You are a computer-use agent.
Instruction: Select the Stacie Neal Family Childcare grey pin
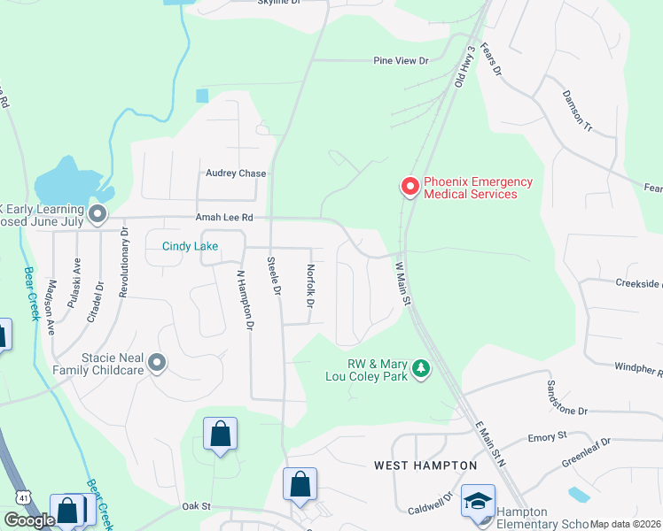click(x=158, y=362)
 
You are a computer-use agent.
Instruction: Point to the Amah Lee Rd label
click(x=224, y=217)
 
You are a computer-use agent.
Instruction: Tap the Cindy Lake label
click(x=190, y=246)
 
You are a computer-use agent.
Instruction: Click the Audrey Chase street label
click(x=236, y=173)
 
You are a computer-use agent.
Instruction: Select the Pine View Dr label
click(x=401, y=61)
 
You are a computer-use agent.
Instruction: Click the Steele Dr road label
click(x=274, y=276)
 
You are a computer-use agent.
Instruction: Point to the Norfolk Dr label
click(x=310, y=286)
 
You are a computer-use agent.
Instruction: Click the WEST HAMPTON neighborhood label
click(x=425, y=466)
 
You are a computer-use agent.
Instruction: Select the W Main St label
click(x=403, y=284)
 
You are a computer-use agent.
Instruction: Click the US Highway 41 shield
click(x=24, y=496)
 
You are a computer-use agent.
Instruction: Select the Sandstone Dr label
click(x=567, y=398)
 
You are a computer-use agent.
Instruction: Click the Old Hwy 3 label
click(x=466, y=66)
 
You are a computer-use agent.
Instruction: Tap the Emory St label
click(x=547, y=437)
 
